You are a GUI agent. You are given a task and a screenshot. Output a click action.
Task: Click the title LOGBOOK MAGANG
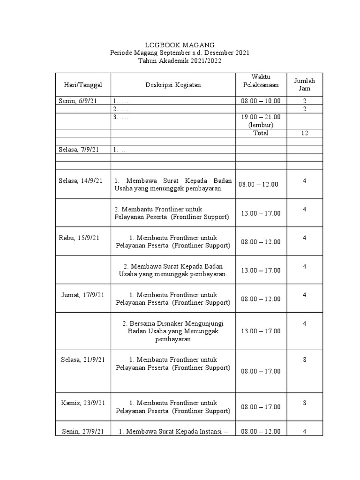(180, 44)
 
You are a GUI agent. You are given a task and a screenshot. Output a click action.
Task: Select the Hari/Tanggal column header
(83, 85)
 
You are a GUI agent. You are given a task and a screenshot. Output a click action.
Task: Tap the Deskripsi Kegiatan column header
(173, 85)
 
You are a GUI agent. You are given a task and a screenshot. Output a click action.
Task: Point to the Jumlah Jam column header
(305, 85)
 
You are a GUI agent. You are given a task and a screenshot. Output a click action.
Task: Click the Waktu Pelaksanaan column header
(261, 81)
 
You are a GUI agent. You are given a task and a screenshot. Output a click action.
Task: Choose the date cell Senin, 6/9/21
(78, 101)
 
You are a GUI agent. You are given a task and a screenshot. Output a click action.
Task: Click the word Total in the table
(261, 133)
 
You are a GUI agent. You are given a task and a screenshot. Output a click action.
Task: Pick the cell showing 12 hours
(305, 133)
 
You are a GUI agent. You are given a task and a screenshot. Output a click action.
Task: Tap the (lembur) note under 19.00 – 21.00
(261, 125)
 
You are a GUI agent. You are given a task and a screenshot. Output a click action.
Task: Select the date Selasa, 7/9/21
(79, 150)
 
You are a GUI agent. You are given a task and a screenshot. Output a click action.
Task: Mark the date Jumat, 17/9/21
(83, 295)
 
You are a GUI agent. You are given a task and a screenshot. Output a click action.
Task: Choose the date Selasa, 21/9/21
(83, 360)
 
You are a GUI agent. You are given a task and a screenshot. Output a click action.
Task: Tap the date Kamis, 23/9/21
(83, 403)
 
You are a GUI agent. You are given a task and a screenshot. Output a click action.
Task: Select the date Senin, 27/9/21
(83, 431)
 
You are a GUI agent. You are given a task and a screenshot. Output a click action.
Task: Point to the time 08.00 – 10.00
(261, 101)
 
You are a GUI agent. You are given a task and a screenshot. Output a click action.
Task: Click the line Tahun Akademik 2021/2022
(180, 61)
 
